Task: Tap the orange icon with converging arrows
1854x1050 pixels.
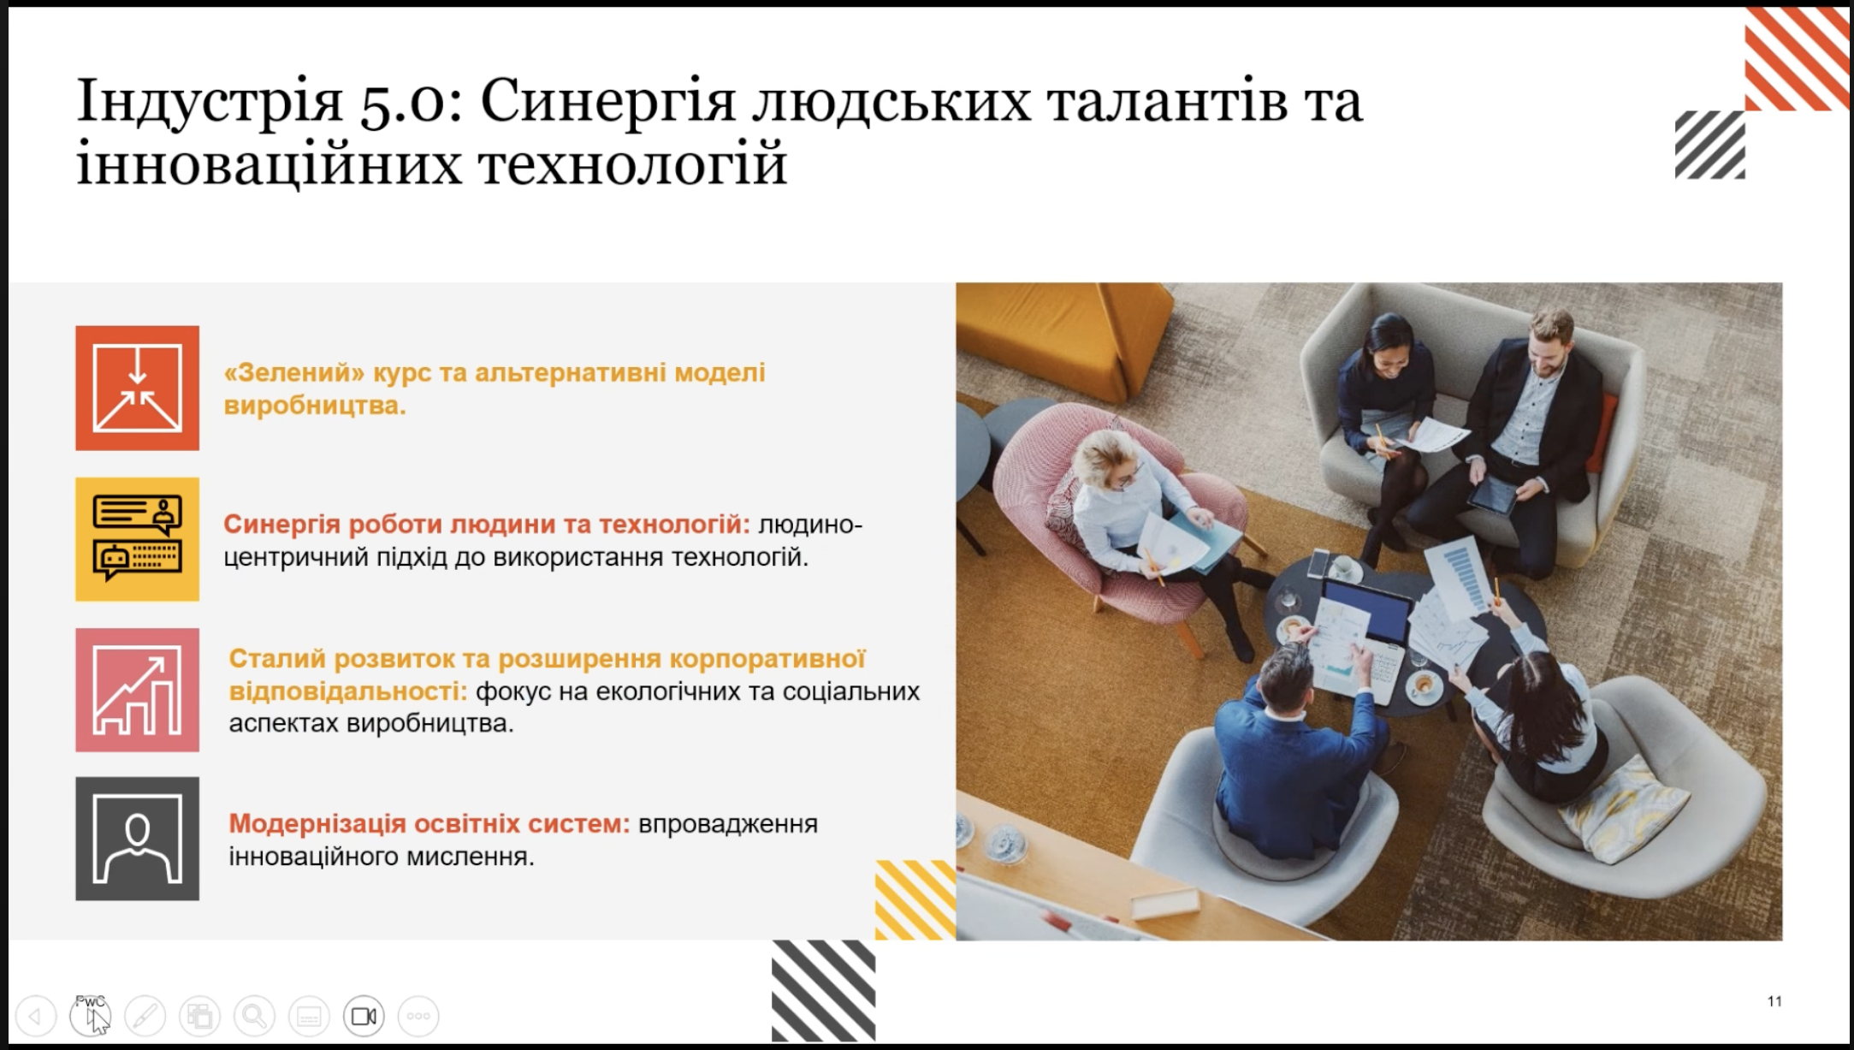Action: (137, 388)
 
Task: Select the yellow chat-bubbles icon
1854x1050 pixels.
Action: (137, 539)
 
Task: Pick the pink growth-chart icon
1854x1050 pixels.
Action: (137, 690)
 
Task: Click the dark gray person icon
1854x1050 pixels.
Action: (137, 839)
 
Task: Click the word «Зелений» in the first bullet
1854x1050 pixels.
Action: (294, 373)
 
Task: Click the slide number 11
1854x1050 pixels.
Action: (1774, 1001)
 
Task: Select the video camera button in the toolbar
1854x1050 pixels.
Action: (364, 1016)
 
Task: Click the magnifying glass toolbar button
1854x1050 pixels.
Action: (254, 1016)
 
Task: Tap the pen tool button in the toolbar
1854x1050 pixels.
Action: (145, 1016)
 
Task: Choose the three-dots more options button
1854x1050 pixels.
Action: (418, 1016)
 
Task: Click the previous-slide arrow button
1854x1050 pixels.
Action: (35, 1016)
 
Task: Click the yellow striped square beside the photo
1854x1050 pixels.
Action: (915, 900)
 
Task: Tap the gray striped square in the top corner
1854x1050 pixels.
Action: (1709, 145)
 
